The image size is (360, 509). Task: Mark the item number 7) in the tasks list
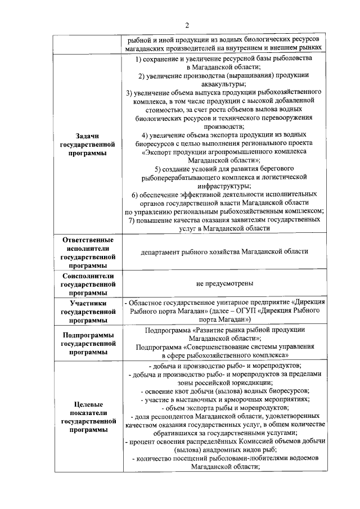tap(133, 220)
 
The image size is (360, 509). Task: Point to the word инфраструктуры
tap(224, 186)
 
